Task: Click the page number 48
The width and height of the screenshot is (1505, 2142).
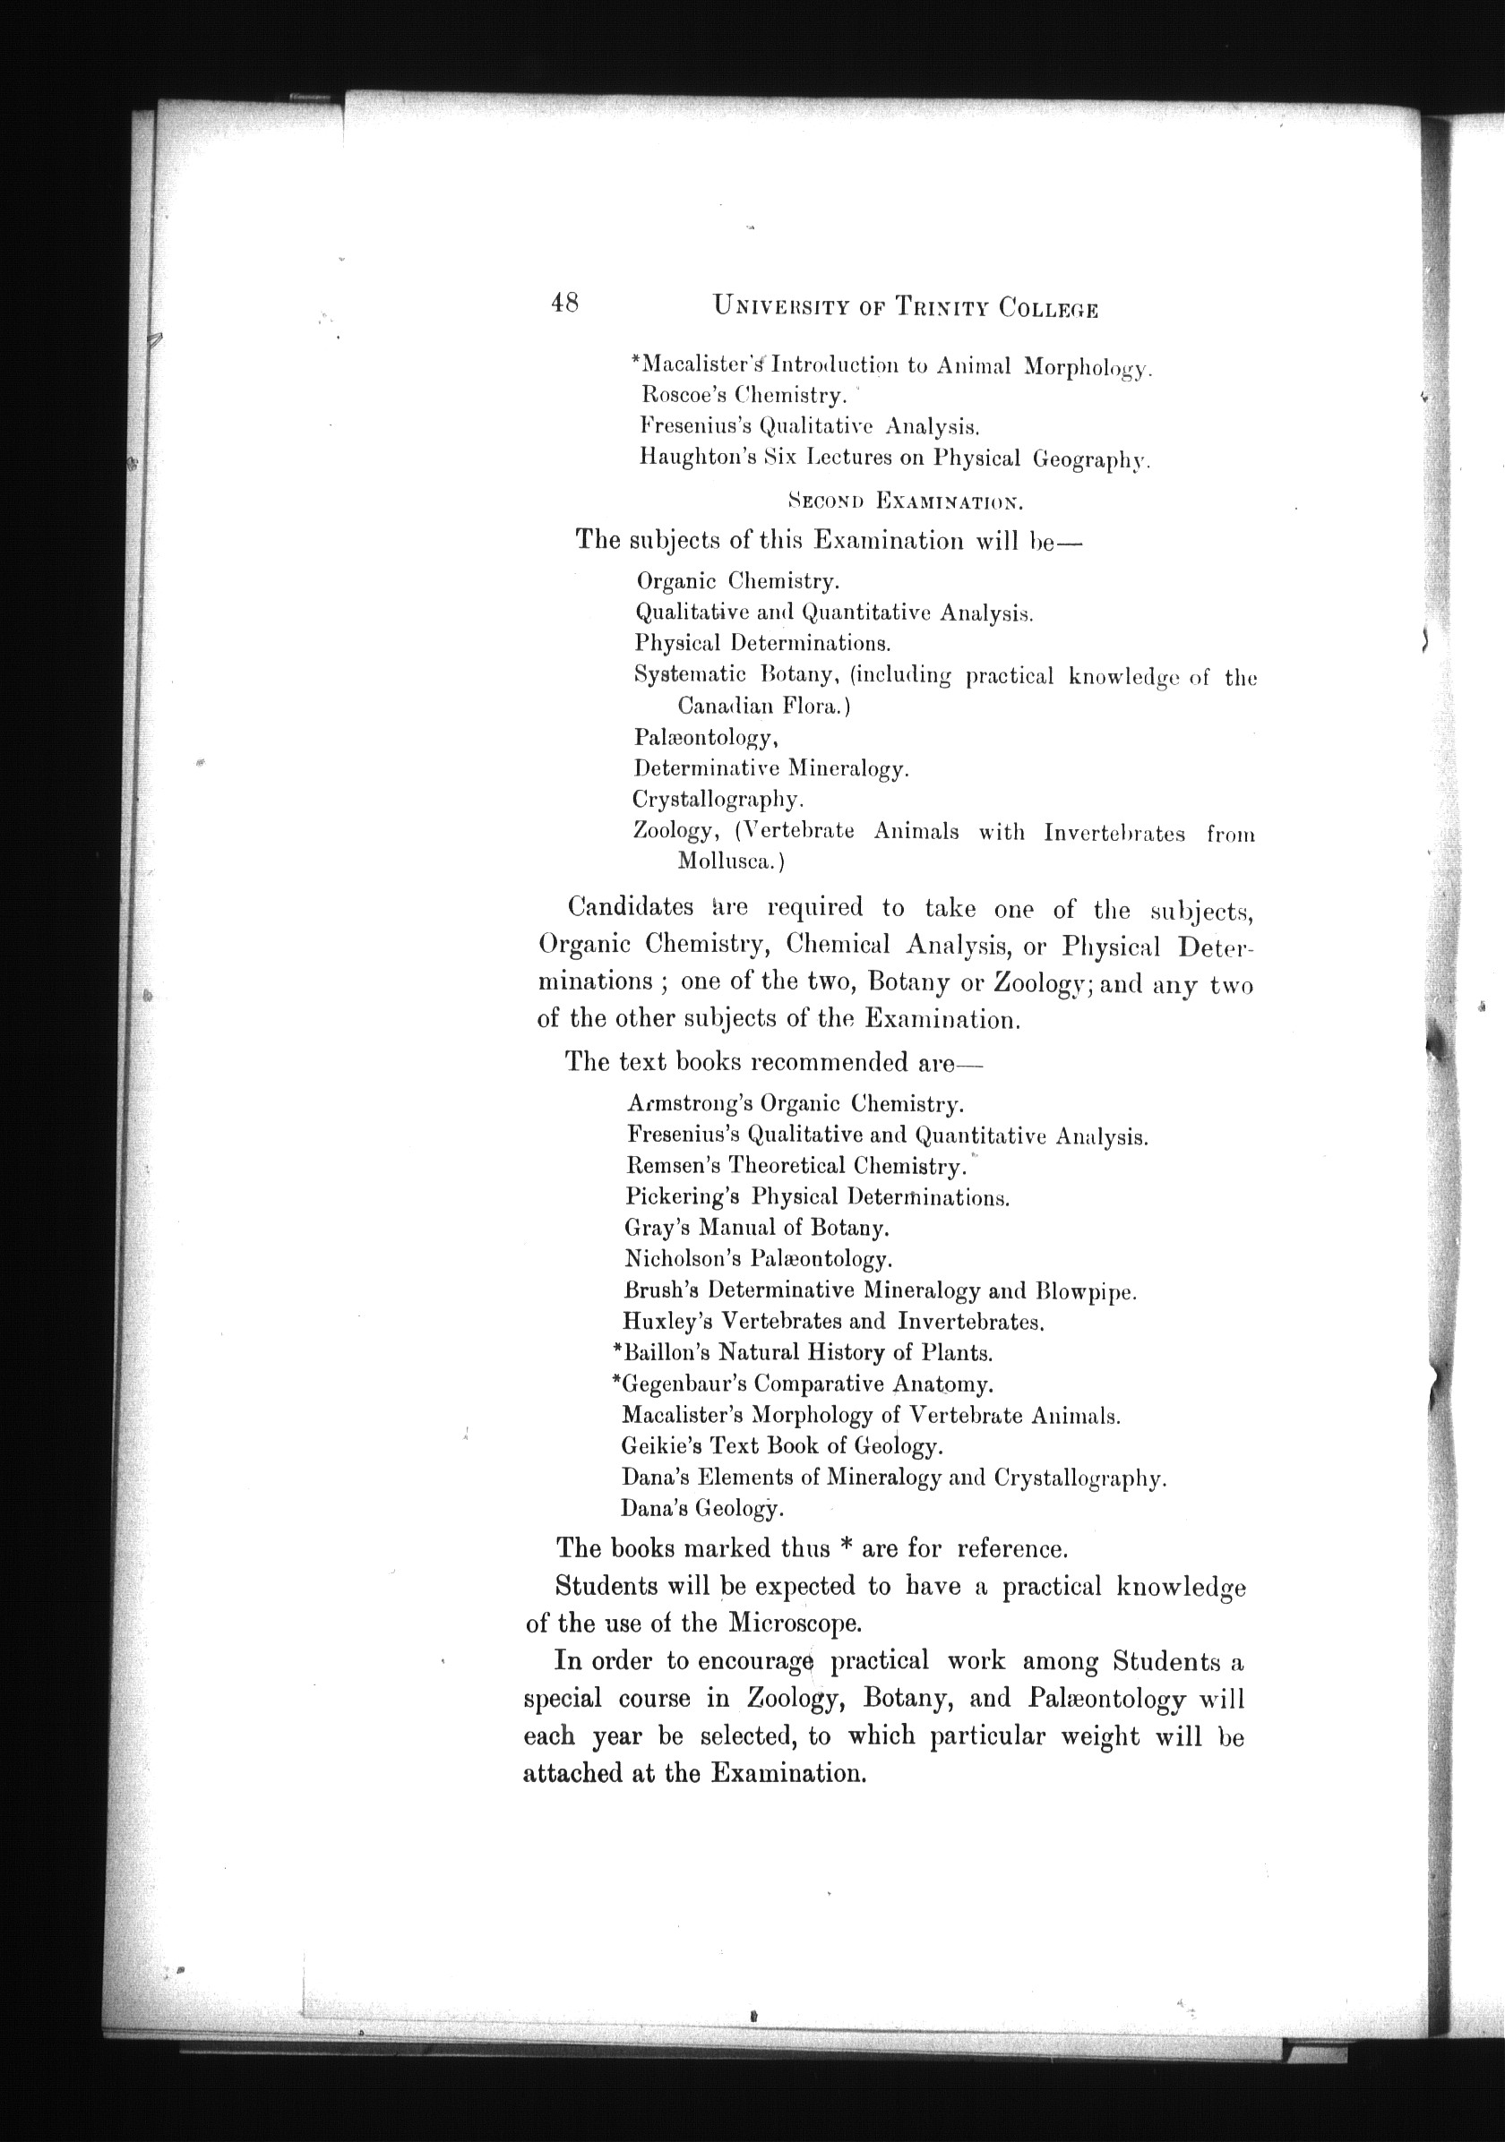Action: pos(564,304)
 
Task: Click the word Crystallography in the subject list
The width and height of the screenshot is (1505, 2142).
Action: pos(718,800)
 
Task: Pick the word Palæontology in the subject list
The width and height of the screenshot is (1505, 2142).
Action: pos(705,737)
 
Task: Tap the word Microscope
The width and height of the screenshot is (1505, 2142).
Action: pos(794,1623)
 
